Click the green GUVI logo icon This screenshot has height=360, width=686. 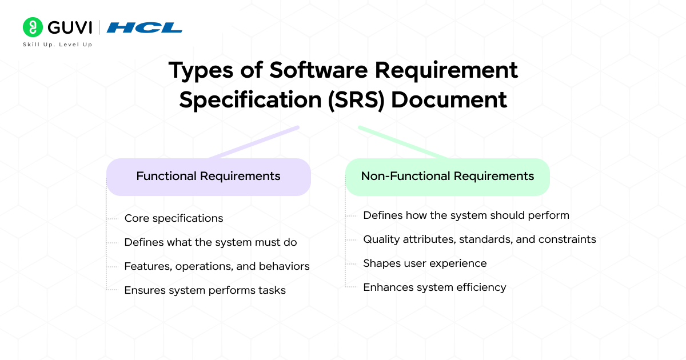click(33, 27)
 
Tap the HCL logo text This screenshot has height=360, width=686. click(145, 27)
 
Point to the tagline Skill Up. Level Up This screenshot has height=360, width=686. click(57, 45)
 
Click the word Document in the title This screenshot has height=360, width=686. click(449, 99)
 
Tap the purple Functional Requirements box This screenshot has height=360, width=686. click(208, 176)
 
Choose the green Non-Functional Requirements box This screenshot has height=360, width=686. click(447, 176)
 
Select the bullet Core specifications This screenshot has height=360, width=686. click(173, 218)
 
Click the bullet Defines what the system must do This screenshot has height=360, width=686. click(210, 242)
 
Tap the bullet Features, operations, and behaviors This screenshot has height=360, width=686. click(217, 266)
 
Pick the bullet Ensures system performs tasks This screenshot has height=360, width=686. click(205, 290)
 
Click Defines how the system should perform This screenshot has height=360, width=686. click(466, 215)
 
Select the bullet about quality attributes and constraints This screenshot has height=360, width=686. click(479, 239)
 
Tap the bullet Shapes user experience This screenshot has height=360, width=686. click(425, 263)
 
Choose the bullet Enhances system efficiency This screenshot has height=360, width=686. click(434, 287)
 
